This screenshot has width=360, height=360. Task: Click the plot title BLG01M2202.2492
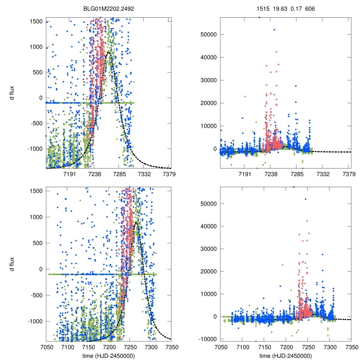(x=109, y=8)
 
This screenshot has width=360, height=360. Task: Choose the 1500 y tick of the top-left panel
(x=37, y=21)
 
